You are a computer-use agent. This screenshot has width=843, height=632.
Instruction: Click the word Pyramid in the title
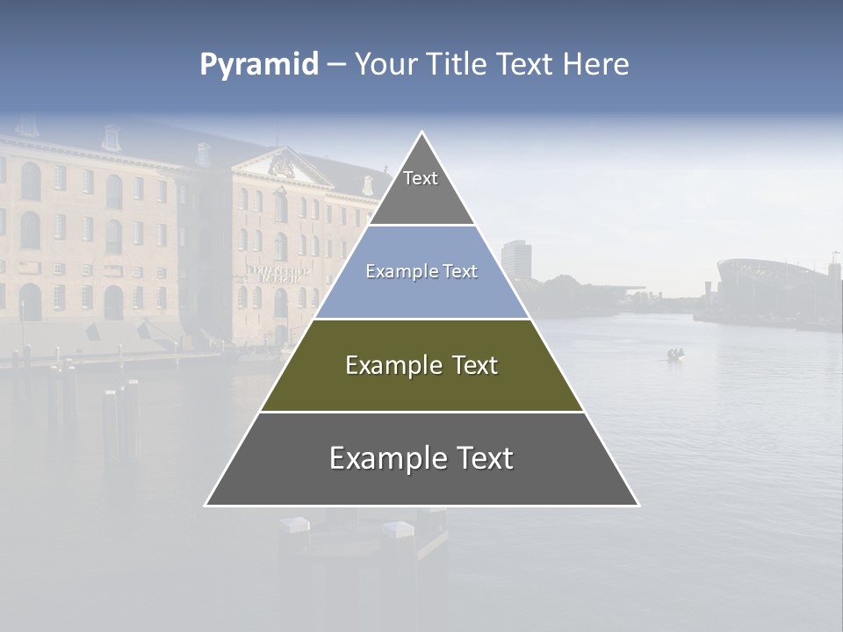(258, 65)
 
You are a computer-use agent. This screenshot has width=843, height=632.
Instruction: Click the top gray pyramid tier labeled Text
(421, 189)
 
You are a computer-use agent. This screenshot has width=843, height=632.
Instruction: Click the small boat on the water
(675, 355)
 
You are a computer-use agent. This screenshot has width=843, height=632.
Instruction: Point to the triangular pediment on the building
(282, 166)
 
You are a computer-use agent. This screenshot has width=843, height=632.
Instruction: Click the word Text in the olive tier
(472, 365)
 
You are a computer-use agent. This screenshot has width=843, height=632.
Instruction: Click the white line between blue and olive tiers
(421, 320)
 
